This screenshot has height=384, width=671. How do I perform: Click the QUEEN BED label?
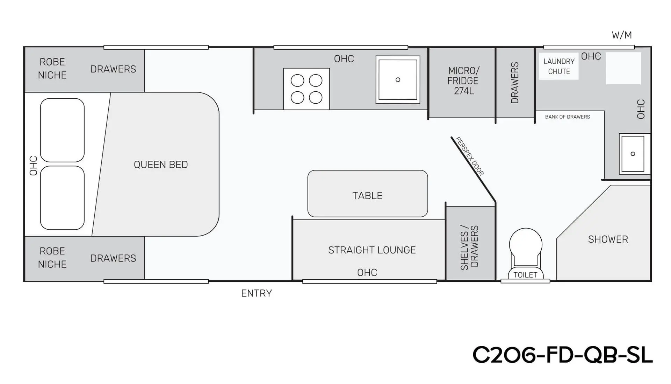click(x=161, y=165)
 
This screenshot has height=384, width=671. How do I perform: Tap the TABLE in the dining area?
click(x=368, y=194)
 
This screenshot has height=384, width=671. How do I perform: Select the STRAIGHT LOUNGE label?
click(x=372, y=250)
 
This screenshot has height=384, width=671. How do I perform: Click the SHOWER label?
click(x=608, y=239)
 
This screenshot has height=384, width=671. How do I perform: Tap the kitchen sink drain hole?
click(x=398, y=80)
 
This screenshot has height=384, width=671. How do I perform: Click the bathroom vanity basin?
click(x=633, y=154)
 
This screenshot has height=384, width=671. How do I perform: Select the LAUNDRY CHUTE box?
click(x=559, y=67)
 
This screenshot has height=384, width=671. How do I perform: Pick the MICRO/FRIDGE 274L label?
click(x=463, y=81)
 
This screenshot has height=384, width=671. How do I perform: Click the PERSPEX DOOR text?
click(x=470, y=156)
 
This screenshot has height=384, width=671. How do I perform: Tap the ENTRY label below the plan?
click(x=257, y=293)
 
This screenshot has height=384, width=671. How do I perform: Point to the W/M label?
click(x=622, y=35)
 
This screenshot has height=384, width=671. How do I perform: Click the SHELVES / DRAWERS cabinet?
click(x=471, y=243)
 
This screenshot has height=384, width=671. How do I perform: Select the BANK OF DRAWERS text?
click(x=568, y=117)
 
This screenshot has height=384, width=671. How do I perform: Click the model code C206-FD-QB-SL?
click(x=563, y=355)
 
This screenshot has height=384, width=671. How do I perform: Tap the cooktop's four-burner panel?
click(x=306, y=89)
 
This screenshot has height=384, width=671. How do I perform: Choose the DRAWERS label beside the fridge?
click(x=515, y=83)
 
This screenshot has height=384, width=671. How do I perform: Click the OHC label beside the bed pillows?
click(x=34, y=166)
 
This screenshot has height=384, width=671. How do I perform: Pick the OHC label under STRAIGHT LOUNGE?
click(x=367, y=273)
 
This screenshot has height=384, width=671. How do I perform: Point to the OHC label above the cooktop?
click(x=344, y=59)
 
